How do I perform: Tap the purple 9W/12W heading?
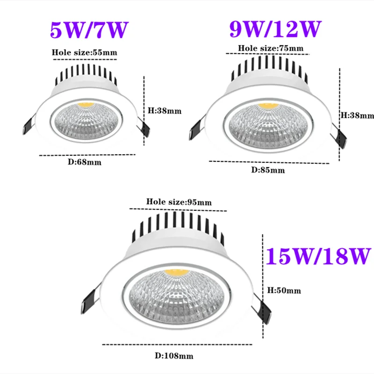[x=275, y=29]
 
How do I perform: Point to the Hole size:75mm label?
[x=271, y=48]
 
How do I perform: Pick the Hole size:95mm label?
[x=179, y=202]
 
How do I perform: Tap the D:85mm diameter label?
[x=268, y=170]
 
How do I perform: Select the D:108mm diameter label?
[x=174, y=356]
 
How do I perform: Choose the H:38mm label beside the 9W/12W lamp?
[x=357, y=115]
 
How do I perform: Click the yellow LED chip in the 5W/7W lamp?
[x=86, y=103]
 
